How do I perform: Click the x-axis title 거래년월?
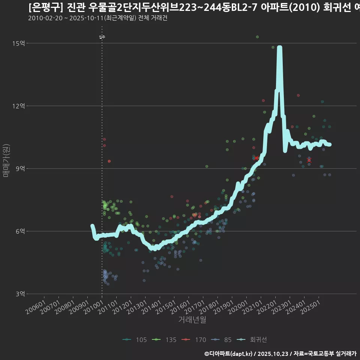pyautogui.click(x=192, y=319)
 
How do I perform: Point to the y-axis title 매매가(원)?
pyautogui.click(x=6, y=160)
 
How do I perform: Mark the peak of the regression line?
pyautogui.click(x=279, y=48)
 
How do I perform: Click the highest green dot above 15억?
pyautogui.click(x=257, y=37)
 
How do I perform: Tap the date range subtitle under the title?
pyautogui.click(x=97, y=18)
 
